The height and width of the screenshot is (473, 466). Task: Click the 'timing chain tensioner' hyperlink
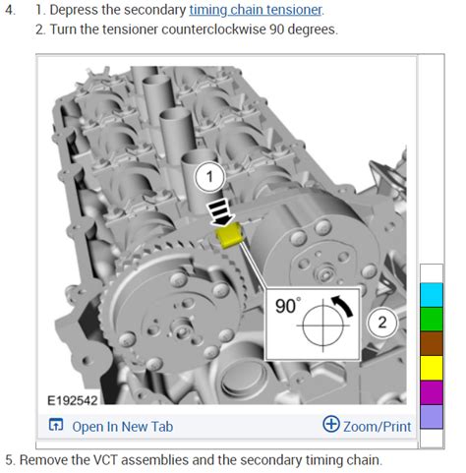pyautogui.click(x=256, y=10)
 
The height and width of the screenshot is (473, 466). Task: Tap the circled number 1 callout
pyautogui.click(x=209, y=177)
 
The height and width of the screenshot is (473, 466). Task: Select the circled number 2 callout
pyautogui.click(x=381, y=323)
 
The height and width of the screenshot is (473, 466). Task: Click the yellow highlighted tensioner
pyautogui.click(x=229, y=235)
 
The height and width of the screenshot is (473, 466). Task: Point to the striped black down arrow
pyautogui.click(x=220, y=213)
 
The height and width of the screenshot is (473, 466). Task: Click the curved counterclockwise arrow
pyautogui.click(x=342, y=306)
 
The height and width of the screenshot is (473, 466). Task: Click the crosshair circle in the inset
pyautogui.click(x=323, y=325)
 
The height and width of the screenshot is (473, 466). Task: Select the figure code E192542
pyautogui.click(x=73, y=400)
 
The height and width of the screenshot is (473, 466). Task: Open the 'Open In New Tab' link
pyautogui.click(x=123, y=427)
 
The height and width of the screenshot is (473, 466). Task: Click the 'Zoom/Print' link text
pyautogui.click(x=378, y=427)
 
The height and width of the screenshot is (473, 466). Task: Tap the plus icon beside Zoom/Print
pyautogui.click(x=331, y=424)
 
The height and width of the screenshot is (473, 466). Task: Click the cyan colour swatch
pyautogui.click(x=432, y=295)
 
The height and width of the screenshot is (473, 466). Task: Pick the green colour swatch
pyautogui.click(x=432, y=320)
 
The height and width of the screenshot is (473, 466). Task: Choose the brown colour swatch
pyautogui.click(x=432, y=343)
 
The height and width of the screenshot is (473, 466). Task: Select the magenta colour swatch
pyautogui.click(x=432, y=392)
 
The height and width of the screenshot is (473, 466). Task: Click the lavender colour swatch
pyautogui.click(x=432, y=417)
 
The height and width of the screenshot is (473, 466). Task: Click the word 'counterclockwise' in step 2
pyautogui.click(x=213, y=30)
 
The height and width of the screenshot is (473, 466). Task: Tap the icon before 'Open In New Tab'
pyautogui.click(x=56, y=425)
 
